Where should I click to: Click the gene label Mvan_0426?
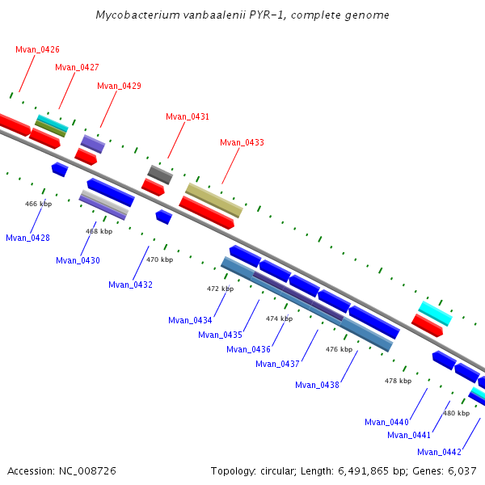point(37,49)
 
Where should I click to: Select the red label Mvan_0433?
point(242,142)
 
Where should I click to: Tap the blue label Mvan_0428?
point(27,238)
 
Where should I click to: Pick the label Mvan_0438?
point(317,385)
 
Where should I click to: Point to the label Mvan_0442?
point(439,452)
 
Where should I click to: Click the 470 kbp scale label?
point(159,259)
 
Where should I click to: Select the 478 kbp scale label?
point(398,381)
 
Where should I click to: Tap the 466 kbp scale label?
point(38,204)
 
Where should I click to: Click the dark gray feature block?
point(160,175)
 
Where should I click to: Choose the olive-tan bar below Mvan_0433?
point(214,200)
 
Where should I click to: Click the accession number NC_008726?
point(87,471)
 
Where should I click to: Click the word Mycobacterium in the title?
point(137,15)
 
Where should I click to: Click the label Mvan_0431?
point(188,117)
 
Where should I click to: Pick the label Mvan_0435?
point(220,335)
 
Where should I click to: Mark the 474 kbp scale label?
point(280,318)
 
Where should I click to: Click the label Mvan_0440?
point(386,422)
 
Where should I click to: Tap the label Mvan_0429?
point(119,86)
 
